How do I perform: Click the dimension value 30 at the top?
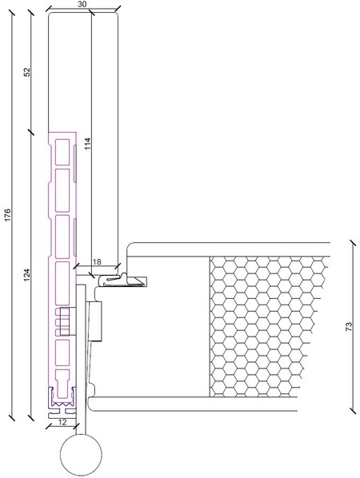tap(82, 4)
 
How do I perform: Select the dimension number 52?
tap(27, 72)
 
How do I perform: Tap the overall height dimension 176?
tap(8, 214)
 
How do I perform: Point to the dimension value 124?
tap(27, 275)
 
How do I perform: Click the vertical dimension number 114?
tap(87, 144)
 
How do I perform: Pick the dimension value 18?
tap(97, 261)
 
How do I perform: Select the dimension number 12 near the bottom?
tap(62, 423)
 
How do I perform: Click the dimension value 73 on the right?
tap(349, 327)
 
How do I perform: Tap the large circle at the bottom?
tap(81, 455)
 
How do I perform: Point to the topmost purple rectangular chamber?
tap(62, 152)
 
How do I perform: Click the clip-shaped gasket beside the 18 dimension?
tap(122, 281)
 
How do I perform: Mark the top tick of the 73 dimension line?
tap(353, 243)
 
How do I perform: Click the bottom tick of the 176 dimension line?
tap(12, 417)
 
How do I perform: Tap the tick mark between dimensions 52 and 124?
tap(31, 132)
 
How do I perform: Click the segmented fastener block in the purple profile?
tap(65, 321)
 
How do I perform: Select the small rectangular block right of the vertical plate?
tap(94, 321)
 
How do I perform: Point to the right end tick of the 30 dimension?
tap(118, 9)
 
